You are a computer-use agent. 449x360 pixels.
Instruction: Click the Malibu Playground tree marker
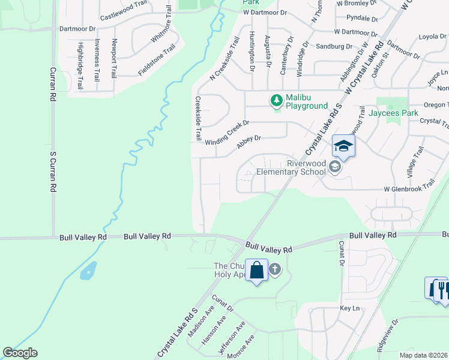277,100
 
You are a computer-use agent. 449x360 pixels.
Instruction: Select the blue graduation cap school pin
343,146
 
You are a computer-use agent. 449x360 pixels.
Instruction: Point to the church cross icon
275,269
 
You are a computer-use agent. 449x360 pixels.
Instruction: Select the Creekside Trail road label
197,118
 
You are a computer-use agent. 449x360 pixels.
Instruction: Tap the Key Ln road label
349,308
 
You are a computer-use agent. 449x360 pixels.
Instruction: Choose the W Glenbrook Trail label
409,188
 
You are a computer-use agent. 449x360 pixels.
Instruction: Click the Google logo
20,353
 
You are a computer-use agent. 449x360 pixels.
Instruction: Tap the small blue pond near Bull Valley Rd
88,271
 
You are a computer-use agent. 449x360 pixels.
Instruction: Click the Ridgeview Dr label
387,339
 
